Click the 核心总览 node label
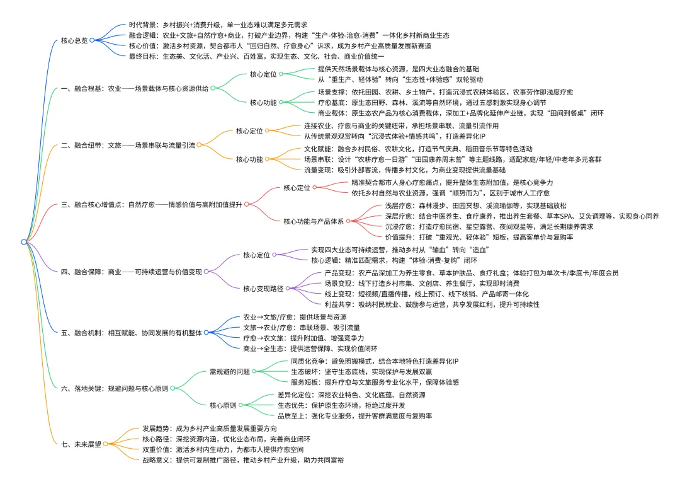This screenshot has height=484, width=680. coord(74,40)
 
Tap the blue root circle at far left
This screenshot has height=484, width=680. coord(24,241)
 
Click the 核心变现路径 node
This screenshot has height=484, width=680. coord(263,288)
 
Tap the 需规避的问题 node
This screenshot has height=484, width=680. coord(229,371)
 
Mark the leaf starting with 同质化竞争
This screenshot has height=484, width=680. coord(375,361)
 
